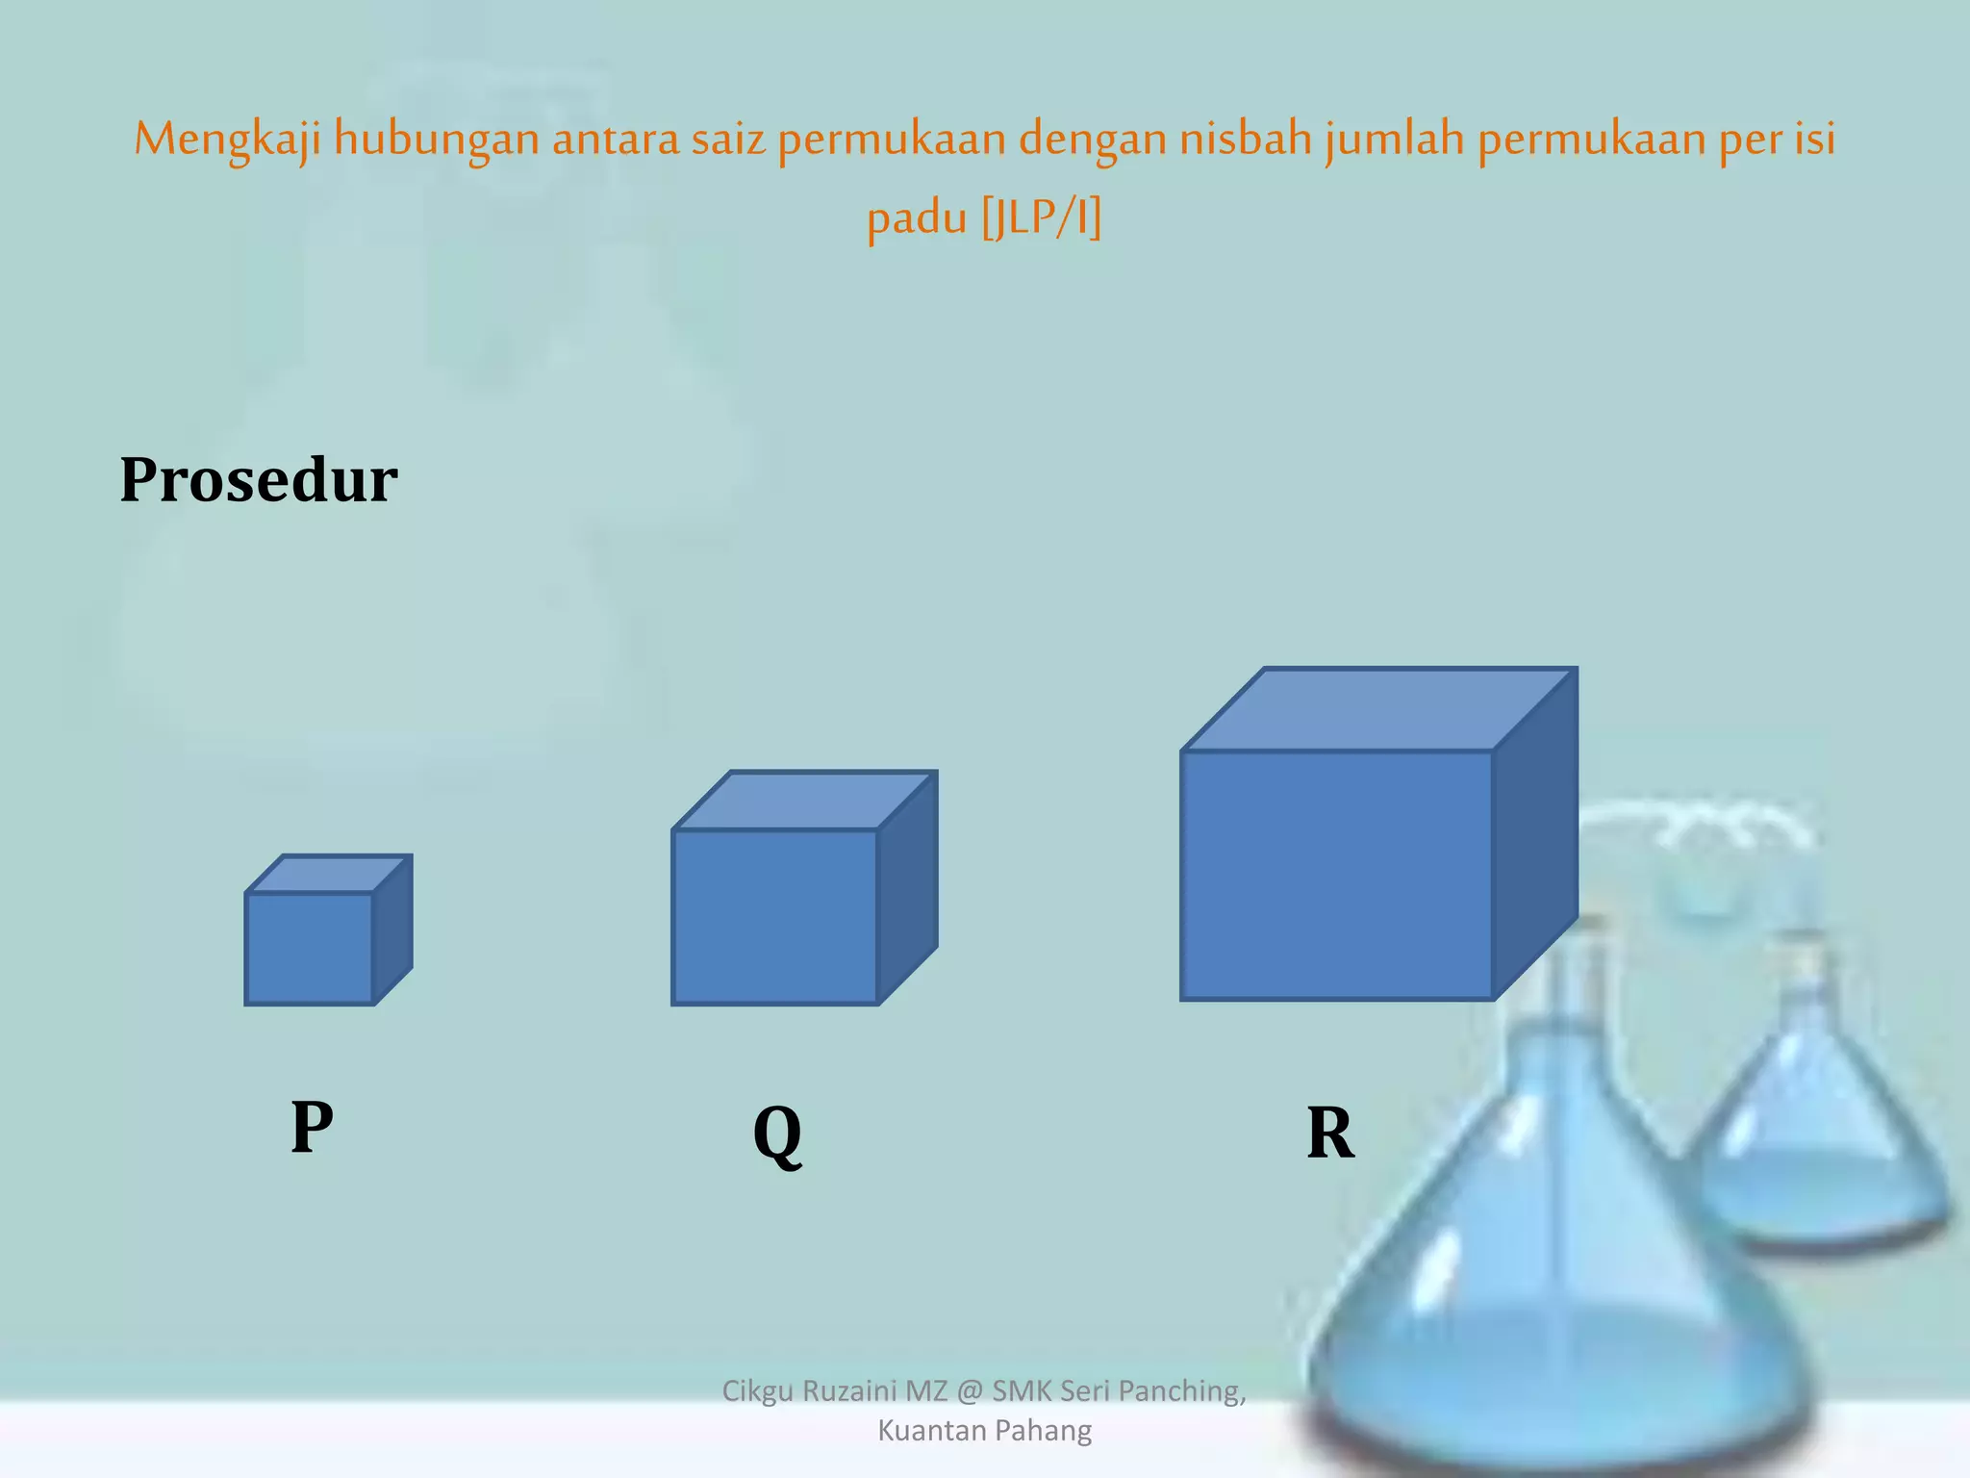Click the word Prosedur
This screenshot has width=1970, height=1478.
click(258, 479)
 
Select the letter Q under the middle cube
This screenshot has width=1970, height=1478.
click(777, 1134)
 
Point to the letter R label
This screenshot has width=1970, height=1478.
click(1330, 1134)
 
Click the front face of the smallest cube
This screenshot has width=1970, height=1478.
click(309, 949)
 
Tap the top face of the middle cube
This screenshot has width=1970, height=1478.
click(805, 800)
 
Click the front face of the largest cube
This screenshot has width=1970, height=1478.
click(1337, 876)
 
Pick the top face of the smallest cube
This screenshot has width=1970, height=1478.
click(329, 874)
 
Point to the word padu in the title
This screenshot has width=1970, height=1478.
click(917, 219)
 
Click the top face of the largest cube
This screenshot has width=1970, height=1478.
click(1378, 709)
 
